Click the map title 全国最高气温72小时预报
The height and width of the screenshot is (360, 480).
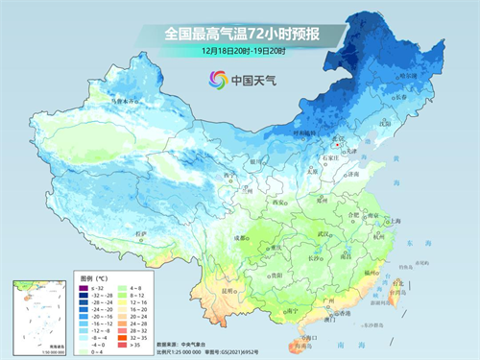click(240, 34)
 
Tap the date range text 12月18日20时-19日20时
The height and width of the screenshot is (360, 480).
click(240, 50)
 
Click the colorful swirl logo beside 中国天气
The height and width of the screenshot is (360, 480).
click(211, 80)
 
